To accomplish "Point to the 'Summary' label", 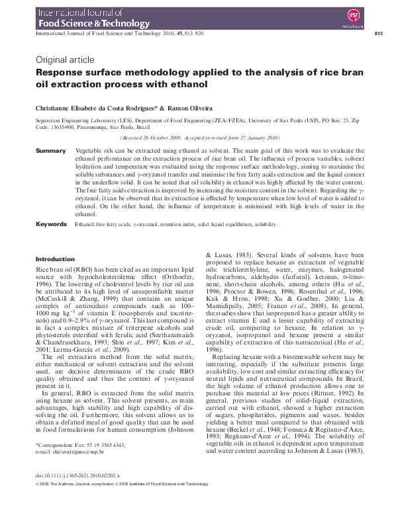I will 50,151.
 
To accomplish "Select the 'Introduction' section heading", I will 55,259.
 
